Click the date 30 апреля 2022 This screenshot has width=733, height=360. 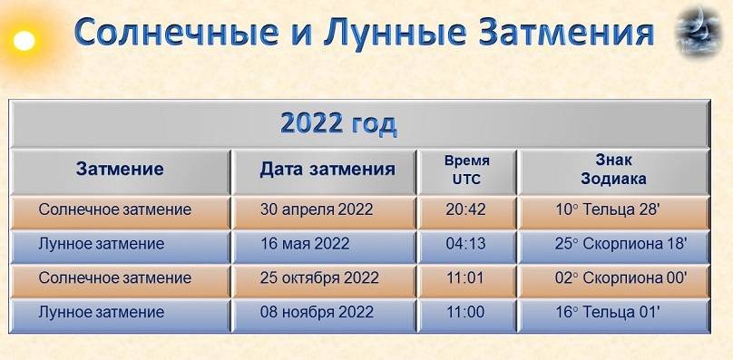click(317, 209)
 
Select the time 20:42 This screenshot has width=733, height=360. click(465, 209)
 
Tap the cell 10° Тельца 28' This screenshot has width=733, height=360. click(607, 209)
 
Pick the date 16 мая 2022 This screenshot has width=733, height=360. click(304, 244)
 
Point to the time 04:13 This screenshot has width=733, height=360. click(465, 244)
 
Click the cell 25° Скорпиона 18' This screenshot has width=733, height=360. click(621, 244)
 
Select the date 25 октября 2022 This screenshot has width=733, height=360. click(319, 277)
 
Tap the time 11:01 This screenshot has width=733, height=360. click(465, 277)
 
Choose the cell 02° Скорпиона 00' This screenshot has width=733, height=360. click(621, 277)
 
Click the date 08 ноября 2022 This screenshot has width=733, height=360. click(317, 312)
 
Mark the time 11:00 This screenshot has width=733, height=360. click(465, 312)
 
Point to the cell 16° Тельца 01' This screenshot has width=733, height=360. click(607, 312)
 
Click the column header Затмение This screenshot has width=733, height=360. click(120, 170)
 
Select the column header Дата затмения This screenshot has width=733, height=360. click(327, 170)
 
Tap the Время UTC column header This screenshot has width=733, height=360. click(466, 170)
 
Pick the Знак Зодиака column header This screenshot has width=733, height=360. click(613, 170)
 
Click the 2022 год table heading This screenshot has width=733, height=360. click(338, 124)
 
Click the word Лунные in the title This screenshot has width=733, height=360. click(394, 33)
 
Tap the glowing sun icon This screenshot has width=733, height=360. click(24, 41)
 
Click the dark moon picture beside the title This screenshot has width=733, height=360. click(699, 32)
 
